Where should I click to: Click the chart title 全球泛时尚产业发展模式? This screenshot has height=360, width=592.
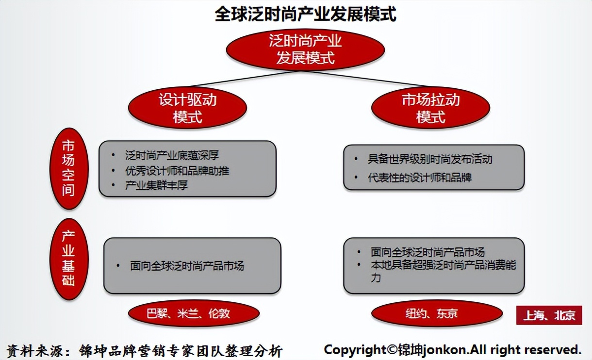tap(305, 14)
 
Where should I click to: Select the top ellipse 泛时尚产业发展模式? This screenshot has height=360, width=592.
tap(305, 49)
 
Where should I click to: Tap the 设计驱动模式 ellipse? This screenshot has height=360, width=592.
tap(187, 108)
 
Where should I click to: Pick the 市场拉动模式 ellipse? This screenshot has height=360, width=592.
tap(430, 108)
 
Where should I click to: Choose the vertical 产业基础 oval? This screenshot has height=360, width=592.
tap(69, 258)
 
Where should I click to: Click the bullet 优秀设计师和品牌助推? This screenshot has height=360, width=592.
tap(177, 170)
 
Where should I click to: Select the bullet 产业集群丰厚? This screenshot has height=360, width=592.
tap(156, 185)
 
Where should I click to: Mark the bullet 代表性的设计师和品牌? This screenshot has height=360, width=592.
tap(420, 177)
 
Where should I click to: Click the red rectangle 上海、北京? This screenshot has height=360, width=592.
tap(549, 315)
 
